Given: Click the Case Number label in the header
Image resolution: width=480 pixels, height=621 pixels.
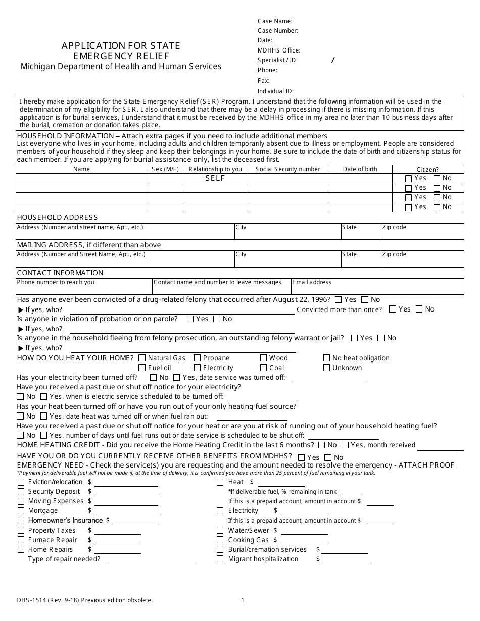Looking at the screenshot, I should click(x=277, y=31).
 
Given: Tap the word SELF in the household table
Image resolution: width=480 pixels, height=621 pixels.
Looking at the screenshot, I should click(x=215, y=178).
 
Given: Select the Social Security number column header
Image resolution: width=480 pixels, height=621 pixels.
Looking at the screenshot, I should click(x=287, y=169).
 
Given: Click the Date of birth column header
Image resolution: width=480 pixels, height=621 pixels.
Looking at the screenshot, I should click(x=360, y=169).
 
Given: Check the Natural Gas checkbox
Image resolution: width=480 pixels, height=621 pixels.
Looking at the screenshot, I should click(x=142, y=358).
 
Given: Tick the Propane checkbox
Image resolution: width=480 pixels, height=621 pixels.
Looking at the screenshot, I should click(x=197, y=358).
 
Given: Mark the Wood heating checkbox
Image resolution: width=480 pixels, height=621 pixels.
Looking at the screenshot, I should click(x=263, y=358).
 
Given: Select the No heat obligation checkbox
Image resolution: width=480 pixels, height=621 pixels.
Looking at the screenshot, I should click(x=327, y=358).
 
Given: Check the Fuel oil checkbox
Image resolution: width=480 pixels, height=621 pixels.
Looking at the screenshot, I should click(x=142, y=368).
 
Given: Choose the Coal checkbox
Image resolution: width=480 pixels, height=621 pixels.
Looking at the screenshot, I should click(x=263, y=368).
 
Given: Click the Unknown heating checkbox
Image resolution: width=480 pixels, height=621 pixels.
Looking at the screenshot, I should click(x=327, y=368).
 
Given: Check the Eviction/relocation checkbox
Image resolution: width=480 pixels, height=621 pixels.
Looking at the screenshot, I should click(x=21, y=482).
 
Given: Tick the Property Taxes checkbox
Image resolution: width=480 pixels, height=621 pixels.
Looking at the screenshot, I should click(x=21, y=530).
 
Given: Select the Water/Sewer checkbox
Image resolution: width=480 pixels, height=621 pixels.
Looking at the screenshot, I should click(x=220, y=530).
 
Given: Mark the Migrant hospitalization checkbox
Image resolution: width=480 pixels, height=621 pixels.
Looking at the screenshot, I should click(x=220, y=559).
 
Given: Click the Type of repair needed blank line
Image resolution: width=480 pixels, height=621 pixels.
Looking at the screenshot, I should click(x=151, y=559).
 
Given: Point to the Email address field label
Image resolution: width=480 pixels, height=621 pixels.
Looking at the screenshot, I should click(x=312, y=282).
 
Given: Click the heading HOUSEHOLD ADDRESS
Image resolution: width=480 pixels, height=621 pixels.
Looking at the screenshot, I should click(x=57, y=217).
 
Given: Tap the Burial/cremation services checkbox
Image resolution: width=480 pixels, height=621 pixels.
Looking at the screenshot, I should click(x=220, y=549).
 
